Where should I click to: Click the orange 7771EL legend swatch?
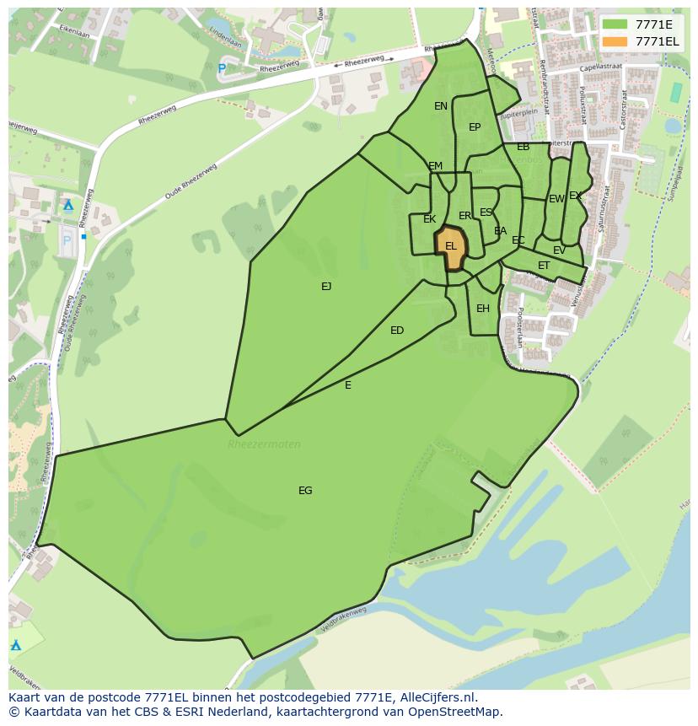tap(615, 41)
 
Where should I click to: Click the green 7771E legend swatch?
tap(615, 24)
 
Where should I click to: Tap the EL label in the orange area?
tap(451, 246)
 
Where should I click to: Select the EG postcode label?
tap(305, 490)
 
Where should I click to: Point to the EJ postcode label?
tap(326, 286)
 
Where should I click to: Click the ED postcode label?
tap(397, 330)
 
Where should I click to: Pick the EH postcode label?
tap(483, 308)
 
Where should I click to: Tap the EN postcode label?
tap(441, 105)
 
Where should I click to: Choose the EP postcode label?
tap(475, 127)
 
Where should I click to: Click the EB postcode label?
tap(523, 147)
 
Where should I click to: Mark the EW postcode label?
tap(556, 199)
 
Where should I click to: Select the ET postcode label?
tap(544, 266)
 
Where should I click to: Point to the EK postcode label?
tap(430, 219)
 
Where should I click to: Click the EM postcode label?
tap(435, 165)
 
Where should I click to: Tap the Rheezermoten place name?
tap(264, 444)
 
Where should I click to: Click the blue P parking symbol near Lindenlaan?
tap(222, 68)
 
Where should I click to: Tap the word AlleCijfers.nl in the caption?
tap(435, 697)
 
